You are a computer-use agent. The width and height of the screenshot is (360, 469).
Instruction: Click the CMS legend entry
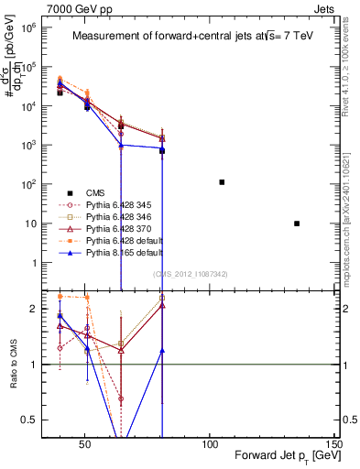95,192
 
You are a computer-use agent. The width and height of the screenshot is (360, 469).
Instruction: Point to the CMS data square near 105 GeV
222,182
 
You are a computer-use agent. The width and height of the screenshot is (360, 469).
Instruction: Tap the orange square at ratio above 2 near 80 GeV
162,298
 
